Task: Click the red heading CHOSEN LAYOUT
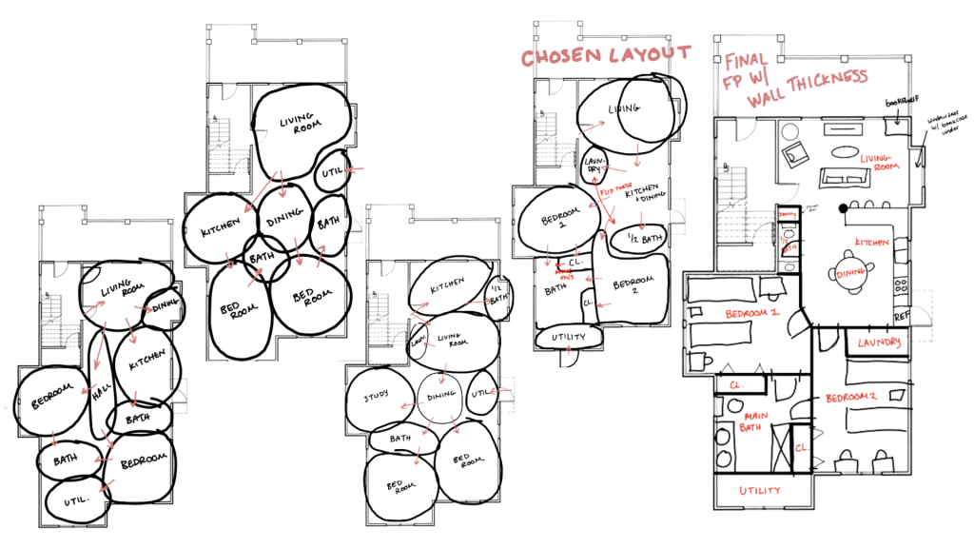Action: pyautogui.click(x=595, y=54)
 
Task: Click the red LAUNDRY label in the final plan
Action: pyautogui.click(x=877, y=342)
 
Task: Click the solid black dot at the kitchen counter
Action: pyautogui.click(x=842, y=208)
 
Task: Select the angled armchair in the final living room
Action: pyautogui.click(x=793, y=151)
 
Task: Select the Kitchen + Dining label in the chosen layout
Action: pyautogui.click(x=644, y=194)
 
